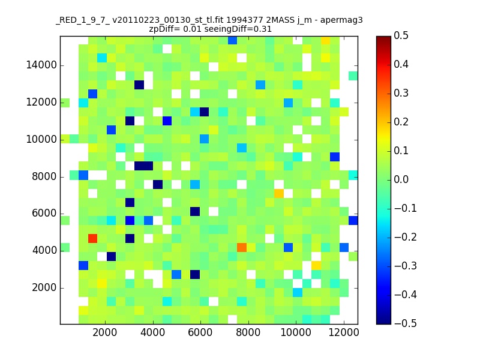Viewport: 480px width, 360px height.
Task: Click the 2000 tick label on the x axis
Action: [105, 334]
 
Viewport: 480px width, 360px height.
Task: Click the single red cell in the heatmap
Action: [93, 238]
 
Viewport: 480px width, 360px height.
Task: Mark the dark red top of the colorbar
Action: [383, 38]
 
